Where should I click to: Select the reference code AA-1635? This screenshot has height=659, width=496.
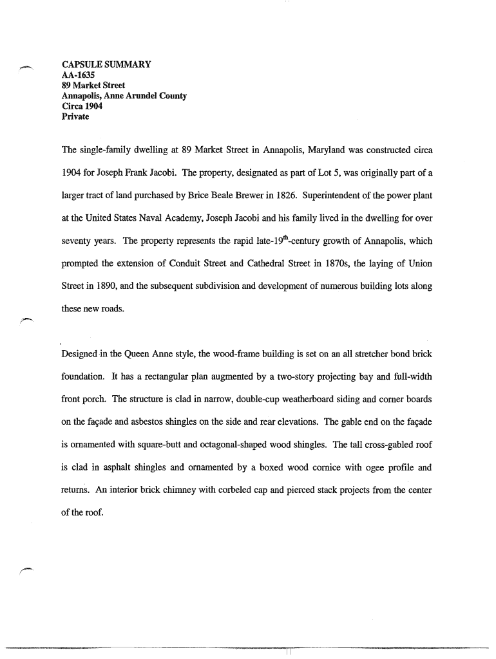coord(78,75)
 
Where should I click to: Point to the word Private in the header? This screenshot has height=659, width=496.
coord(75,117)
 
